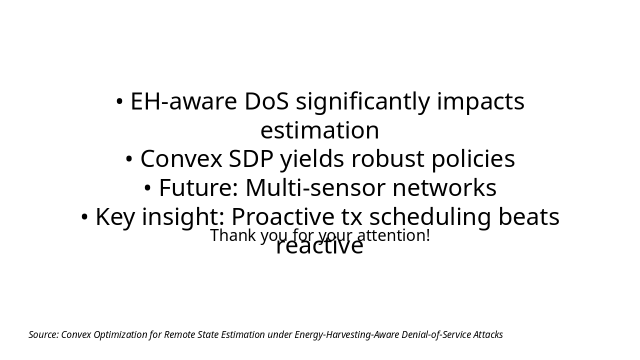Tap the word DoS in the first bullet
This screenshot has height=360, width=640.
[x=266, y=101]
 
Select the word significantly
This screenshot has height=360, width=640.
[x=362, y=101]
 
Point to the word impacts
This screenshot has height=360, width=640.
[x=480, y=101]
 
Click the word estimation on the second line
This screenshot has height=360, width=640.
[x=319, y=130]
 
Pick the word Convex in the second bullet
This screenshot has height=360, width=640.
[x=181, y=159]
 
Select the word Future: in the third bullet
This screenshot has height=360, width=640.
[x=198, y=188]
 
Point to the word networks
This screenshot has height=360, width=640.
[x=444, y=188]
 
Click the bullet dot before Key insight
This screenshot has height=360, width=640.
[x=84, y=217]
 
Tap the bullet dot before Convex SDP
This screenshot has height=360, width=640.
[x=129, y=159]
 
